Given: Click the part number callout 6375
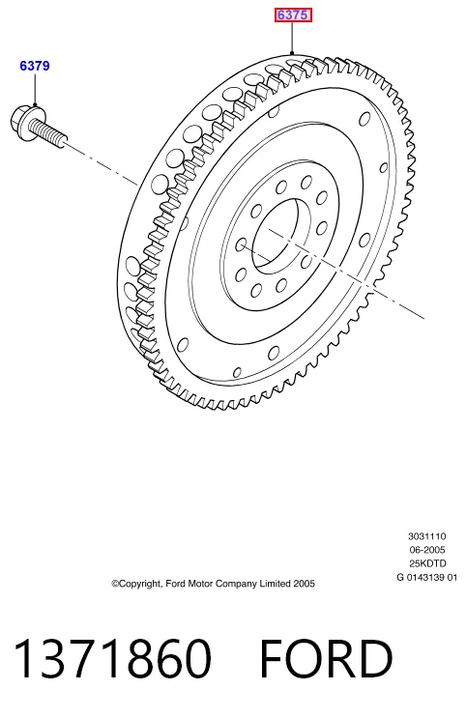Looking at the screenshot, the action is (293, 14).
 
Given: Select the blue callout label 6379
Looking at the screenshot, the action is (35, 66).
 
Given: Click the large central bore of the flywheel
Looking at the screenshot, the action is (276, 234).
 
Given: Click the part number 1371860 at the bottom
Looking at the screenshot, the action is (113, 658).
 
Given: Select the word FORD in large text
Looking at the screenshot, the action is (326, 658).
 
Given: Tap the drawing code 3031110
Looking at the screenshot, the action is (426, 536).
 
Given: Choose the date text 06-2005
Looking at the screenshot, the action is (426, 550).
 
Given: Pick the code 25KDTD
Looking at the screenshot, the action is (426, 563).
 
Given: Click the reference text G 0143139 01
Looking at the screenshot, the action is (426, 577).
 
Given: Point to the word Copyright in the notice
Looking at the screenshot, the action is (136, 584).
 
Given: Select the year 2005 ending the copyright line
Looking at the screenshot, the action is (305, 584).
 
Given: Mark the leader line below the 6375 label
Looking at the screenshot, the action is (292, 38).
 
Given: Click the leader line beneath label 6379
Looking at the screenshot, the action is (35, 90).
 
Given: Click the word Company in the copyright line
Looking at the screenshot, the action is (236, 584).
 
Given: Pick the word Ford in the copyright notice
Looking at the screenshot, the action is (175, 584).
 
